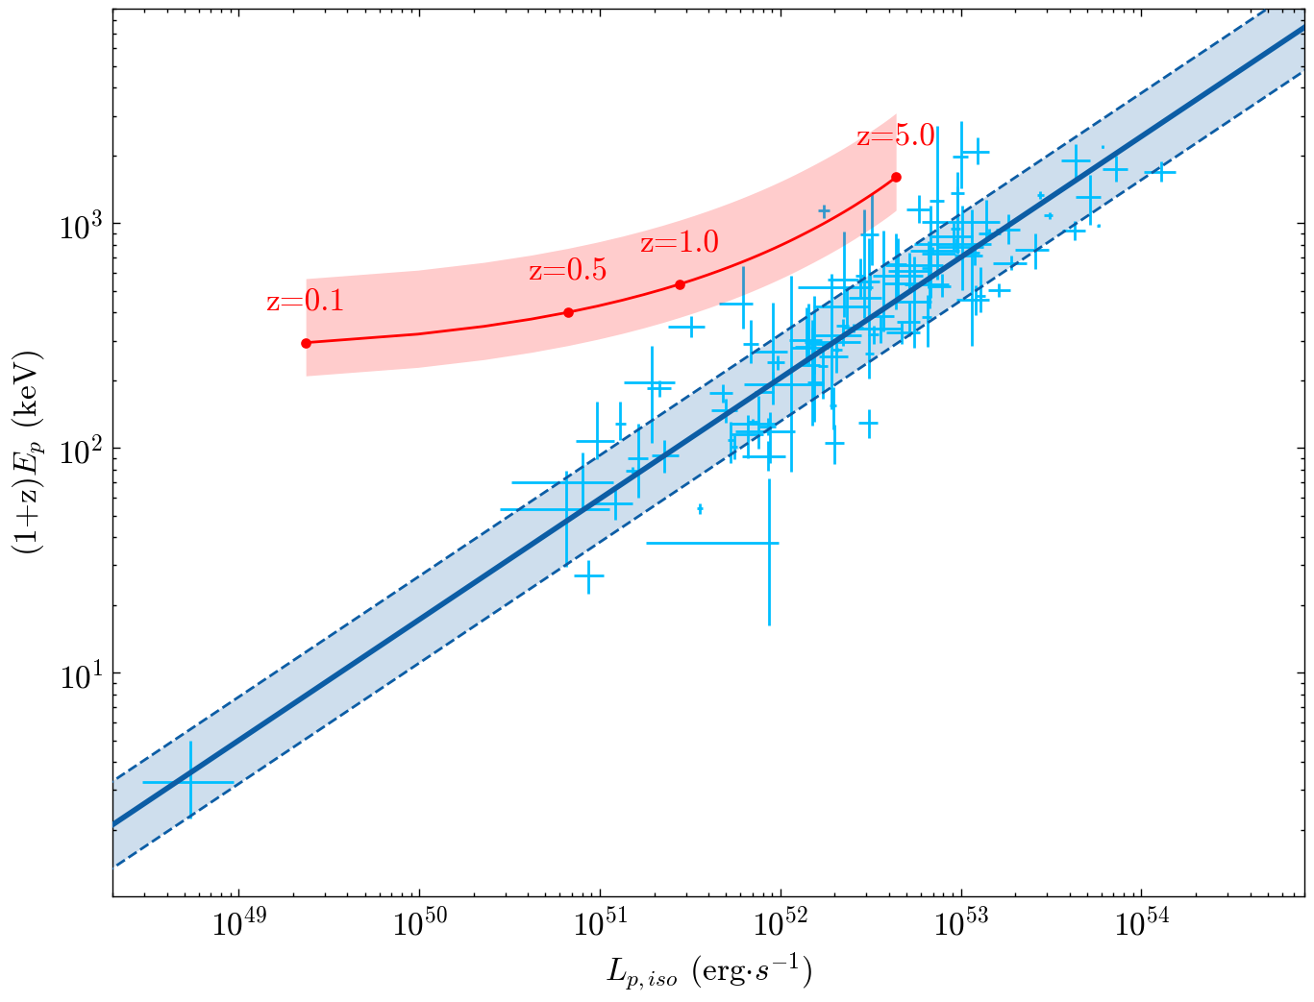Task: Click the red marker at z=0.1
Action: tap(306, 343)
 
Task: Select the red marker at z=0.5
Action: tap(568, 312)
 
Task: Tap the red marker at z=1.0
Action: tap(680, 284)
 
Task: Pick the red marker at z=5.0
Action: tap(896, 177)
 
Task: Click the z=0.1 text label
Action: tap(305, 302)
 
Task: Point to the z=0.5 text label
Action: tap(567, 271)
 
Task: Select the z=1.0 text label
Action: tap(679, 242)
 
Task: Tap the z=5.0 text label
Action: tap(895, 135)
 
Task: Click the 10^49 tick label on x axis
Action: tap(238, 926)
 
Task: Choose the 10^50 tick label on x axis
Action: tap(419, 926)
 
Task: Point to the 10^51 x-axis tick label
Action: tap(600, 926)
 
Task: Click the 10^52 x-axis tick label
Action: tap(781, 926)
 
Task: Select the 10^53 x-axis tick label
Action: tap(961, 926)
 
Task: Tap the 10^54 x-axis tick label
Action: tap(1142, 926)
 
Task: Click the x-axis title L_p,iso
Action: tap(708, 973)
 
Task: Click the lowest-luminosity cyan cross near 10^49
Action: tap(190, 782)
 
